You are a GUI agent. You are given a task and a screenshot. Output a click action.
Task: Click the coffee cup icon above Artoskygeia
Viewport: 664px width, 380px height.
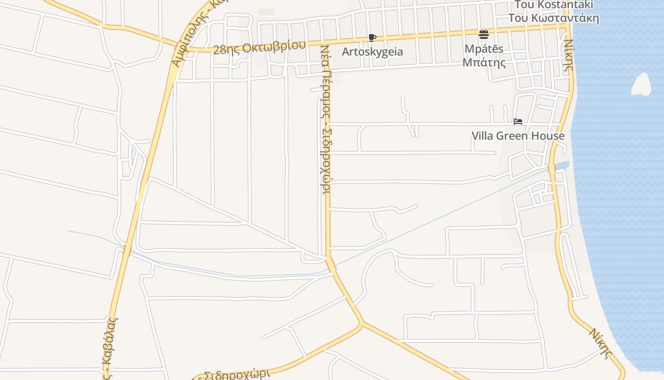click(x=372, y=38)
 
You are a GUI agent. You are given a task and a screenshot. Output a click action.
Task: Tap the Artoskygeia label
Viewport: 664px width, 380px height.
click(x=373, y=51)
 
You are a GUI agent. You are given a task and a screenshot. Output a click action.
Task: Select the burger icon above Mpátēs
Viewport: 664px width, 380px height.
click(x=484, y=35)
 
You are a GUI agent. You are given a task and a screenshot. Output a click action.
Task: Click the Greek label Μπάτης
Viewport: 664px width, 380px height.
click(x=484, y=62)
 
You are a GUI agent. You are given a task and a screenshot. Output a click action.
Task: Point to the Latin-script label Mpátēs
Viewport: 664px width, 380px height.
click(x=484, y=49)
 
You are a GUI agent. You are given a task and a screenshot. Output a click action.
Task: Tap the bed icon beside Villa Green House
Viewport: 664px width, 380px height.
click(x=518, y=122)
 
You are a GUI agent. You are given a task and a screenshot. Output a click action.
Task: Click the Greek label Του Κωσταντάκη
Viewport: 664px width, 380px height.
click(x=553, y=18)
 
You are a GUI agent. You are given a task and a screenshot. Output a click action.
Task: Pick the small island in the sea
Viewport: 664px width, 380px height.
click(x=641, y=85)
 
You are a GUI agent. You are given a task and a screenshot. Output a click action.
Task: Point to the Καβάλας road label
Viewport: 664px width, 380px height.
click(x=111, y=347)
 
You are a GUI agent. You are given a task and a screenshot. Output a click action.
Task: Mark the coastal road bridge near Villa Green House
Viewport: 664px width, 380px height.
click(x=552, y=169)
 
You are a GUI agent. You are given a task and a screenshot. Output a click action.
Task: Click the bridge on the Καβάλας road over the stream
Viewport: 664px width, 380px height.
click(x=127, y=249)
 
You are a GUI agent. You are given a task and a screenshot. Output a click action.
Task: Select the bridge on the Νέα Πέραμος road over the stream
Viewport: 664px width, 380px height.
click(x=331, y=264)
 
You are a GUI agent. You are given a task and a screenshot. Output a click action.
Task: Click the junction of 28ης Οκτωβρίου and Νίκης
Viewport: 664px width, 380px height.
click(x=565, y=27)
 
